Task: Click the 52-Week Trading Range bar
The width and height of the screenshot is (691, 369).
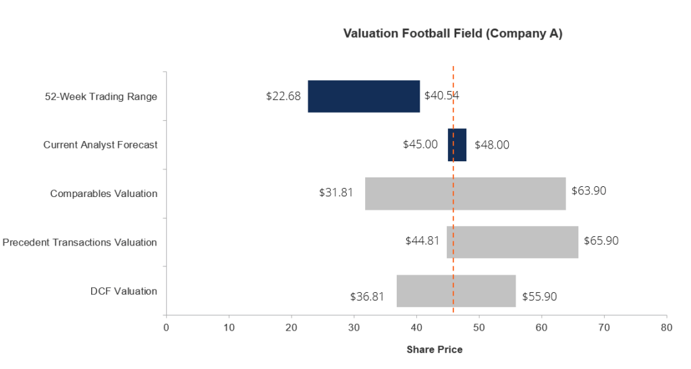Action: pyautogui.click(x=364, y=96)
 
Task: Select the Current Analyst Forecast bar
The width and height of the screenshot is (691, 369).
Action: pyautogui.click(x=457, y=145)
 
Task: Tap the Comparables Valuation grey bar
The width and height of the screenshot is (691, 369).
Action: pyautogui.click(x=466, y=194)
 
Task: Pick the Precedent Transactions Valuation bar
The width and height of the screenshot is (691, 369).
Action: pyautogui.click(x=513, y=242)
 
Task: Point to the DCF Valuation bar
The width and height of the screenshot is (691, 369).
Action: pyautogui.click(x=456, y=291)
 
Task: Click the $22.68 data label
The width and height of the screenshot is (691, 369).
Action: pyautogui.click(x=283, y=96)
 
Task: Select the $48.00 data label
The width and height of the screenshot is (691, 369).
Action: pyautogui.click(x=492, y=145)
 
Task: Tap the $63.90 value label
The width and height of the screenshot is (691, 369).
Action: pyautogui.click(x=588, y=191)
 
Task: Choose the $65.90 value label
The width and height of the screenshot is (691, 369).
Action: pyautogui.click(x=601, y=240)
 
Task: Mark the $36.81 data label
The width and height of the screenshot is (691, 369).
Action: pyautogui.click(x=367, y=296)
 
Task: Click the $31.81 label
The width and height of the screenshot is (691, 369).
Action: pyautogui.click(x=336, y=192)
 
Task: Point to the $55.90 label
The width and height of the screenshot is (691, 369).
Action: pyautogui.click(x=539, y=296)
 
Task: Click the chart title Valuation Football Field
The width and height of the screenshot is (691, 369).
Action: pyautogui.click(x=414, y=34)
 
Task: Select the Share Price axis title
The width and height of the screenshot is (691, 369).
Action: pyautogui.click(x=435, y=349)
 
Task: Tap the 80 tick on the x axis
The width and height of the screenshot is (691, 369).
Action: pyautogui.click(x=666, y=328)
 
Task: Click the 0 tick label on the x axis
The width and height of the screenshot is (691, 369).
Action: pyautogui.click(x=166, y=328)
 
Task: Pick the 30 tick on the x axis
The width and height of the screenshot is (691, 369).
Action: pyautogui.click(x=354, y=328)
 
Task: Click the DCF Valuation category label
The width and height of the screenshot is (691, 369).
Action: pyautogui.click(x=124, y=291)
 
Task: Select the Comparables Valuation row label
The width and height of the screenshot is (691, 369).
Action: pyautogui.click(x=103, y=194)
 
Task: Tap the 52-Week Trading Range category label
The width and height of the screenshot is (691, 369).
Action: pyautogui.click(x=101, y=96)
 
